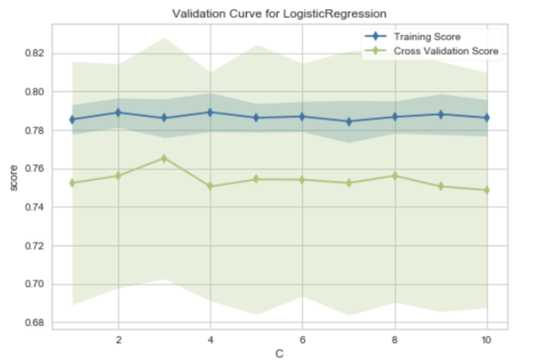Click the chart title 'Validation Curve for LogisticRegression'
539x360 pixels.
tap(279, 14)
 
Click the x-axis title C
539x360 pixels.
tap(279, 354)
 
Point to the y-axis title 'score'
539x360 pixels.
tap(14, 178)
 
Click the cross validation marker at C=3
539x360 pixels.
tap(164, 158)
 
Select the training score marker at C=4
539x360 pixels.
tap(210, 112)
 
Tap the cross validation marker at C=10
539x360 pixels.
tap(487, 190)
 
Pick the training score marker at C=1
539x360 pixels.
tap(72, 120)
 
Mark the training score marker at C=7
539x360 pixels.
tap(349, 122)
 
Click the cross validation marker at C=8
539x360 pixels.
tap(395, 175)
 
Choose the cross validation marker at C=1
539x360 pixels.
tap(72, 183)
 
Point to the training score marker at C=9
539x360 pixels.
tap(441, 114)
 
